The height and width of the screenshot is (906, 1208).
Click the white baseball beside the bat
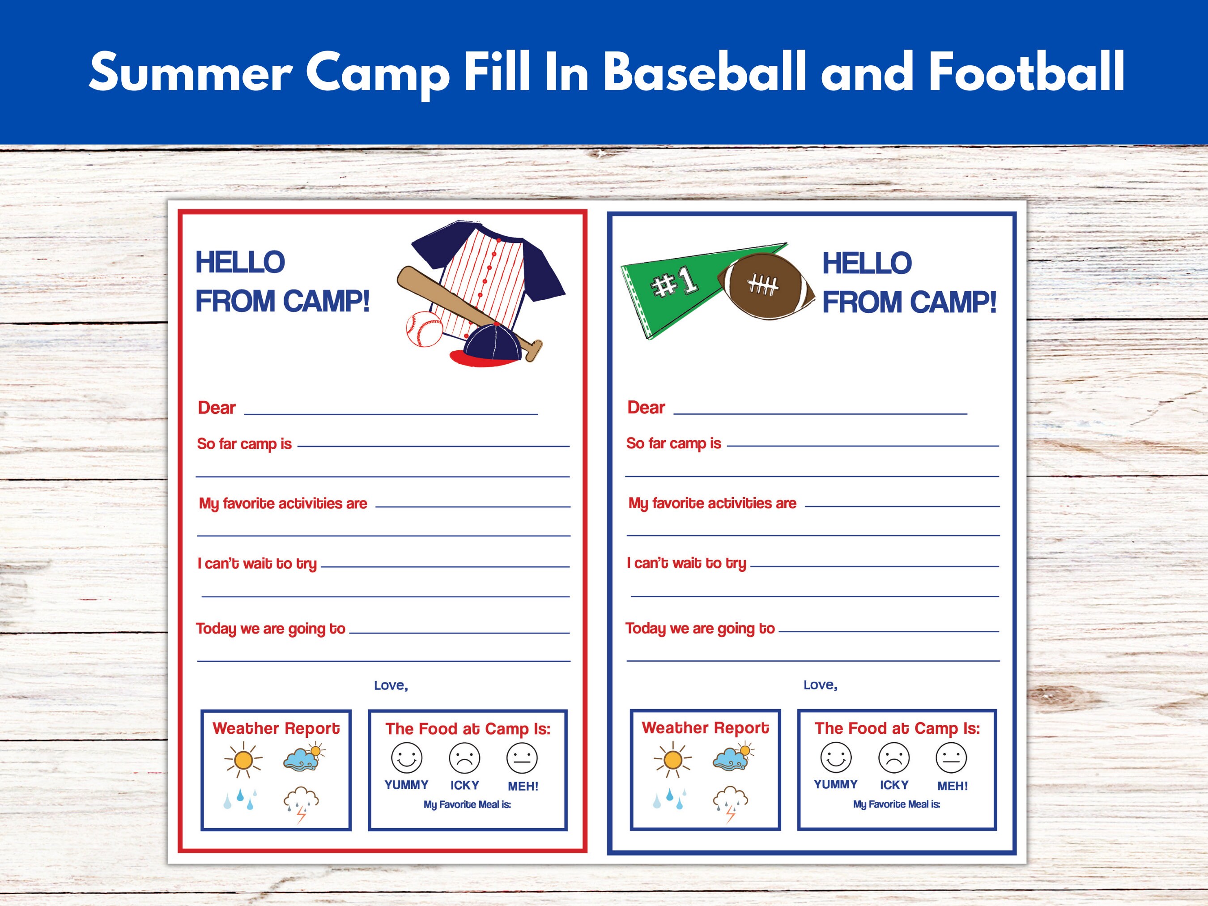tap(424, 329)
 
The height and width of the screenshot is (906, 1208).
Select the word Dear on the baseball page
tap(216, 408)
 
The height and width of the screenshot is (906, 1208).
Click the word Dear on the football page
tap(646, 408)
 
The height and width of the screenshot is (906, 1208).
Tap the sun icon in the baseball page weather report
tap(243, 759)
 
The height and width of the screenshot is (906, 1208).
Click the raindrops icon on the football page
tap(669, 799)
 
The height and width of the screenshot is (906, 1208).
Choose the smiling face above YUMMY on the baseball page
tap(406, 757)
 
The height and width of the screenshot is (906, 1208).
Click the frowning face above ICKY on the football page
tap(893, 757)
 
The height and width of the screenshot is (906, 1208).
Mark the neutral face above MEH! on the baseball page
tap(522, 758)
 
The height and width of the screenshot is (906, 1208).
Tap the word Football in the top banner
tap(1026, 72)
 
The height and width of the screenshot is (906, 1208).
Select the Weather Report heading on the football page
tap(705, 728)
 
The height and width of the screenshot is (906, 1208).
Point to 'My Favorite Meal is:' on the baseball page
tap(468, 804)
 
